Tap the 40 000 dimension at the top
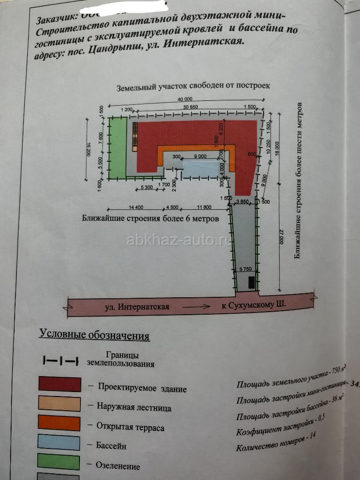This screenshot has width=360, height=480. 182,100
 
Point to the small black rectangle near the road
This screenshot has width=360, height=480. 252,283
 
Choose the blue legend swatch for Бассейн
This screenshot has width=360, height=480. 60,443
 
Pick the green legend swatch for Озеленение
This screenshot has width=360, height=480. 60,463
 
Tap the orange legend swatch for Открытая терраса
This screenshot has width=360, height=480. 60,424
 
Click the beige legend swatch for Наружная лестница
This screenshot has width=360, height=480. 60,404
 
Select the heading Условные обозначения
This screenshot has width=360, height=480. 94,334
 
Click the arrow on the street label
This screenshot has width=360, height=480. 196,306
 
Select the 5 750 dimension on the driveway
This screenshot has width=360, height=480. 246,269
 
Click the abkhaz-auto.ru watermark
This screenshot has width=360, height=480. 179,240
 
